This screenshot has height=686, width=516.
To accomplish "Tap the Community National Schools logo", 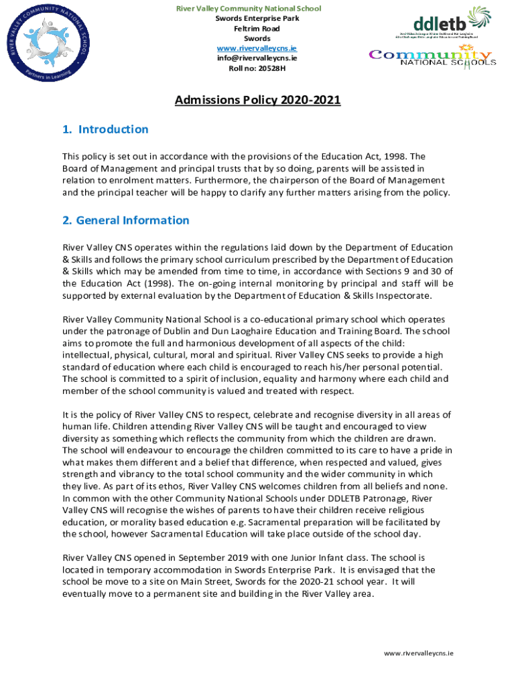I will click(433, 57).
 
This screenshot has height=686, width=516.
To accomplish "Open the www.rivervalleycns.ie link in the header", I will click(248, 48).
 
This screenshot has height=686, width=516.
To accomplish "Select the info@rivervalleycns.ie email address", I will click(248, 58).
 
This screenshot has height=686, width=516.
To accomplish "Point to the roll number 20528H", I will click(248, 68).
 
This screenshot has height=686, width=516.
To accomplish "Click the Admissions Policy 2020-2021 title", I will click(257, 100).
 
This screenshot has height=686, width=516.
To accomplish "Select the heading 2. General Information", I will click(125, 220).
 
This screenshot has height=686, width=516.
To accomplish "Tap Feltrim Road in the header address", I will click(248, 29).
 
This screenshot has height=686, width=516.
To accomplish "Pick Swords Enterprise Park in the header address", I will click(248, 19).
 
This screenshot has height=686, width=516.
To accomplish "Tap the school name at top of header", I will click(248, 9).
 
